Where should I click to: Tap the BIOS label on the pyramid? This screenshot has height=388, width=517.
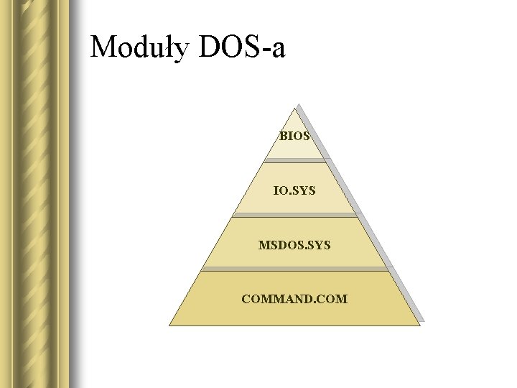[294, 135]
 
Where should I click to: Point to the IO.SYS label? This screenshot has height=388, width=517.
[294, 191]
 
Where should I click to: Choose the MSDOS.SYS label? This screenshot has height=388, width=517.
[294, 245]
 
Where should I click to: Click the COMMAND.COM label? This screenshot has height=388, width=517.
[294, 297]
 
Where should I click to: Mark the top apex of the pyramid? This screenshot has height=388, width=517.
[294, 108]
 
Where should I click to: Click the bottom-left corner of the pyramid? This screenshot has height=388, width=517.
[169, 325]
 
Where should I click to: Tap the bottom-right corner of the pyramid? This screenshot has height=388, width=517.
[419, 325]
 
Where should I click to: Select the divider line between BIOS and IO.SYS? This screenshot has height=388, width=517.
[294, 160]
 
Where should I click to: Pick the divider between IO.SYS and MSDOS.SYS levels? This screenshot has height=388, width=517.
[294, 215]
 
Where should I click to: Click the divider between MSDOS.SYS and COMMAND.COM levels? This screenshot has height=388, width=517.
[294, 270]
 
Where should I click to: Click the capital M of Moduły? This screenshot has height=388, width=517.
[105, 47]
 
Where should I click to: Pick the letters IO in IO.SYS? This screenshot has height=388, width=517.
[279, 191]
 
